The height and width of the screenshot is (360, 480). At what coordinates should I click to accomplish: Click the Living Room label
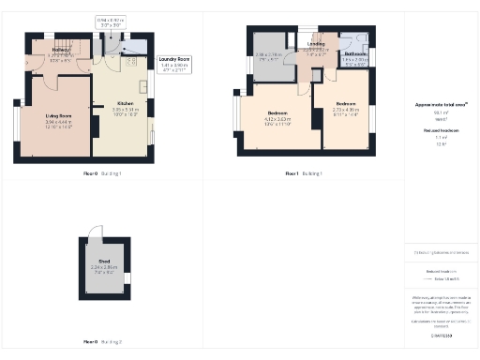coord(59,115)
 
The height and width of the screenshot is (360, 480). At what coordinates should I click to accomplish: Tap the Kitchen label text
coord(125,102)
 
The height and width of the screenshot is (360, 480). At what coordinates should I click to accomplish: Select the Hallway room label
coord(61,50)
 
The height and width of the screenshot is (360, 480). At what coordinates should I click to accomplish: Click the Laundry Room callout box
coord(174,63)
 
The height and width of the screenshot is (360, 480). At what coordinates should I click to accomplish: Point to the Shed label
coord(104,261)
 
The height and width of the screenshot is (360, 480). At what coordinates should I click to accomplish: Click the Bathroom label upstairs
coord(355,54)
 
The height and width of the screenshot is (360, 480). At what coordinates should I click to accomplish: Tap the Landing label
coord(316,43)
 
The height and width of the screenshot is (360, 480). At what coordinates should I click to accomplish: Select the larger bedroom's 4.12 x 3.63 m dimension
coord(277,120)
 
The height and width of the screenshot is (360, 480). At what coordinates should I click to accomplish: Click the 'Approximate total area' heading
coord(441,106)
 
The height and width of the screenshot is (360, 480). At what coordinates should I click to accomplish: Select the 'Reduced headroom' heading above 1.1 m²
coord(441,132)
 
